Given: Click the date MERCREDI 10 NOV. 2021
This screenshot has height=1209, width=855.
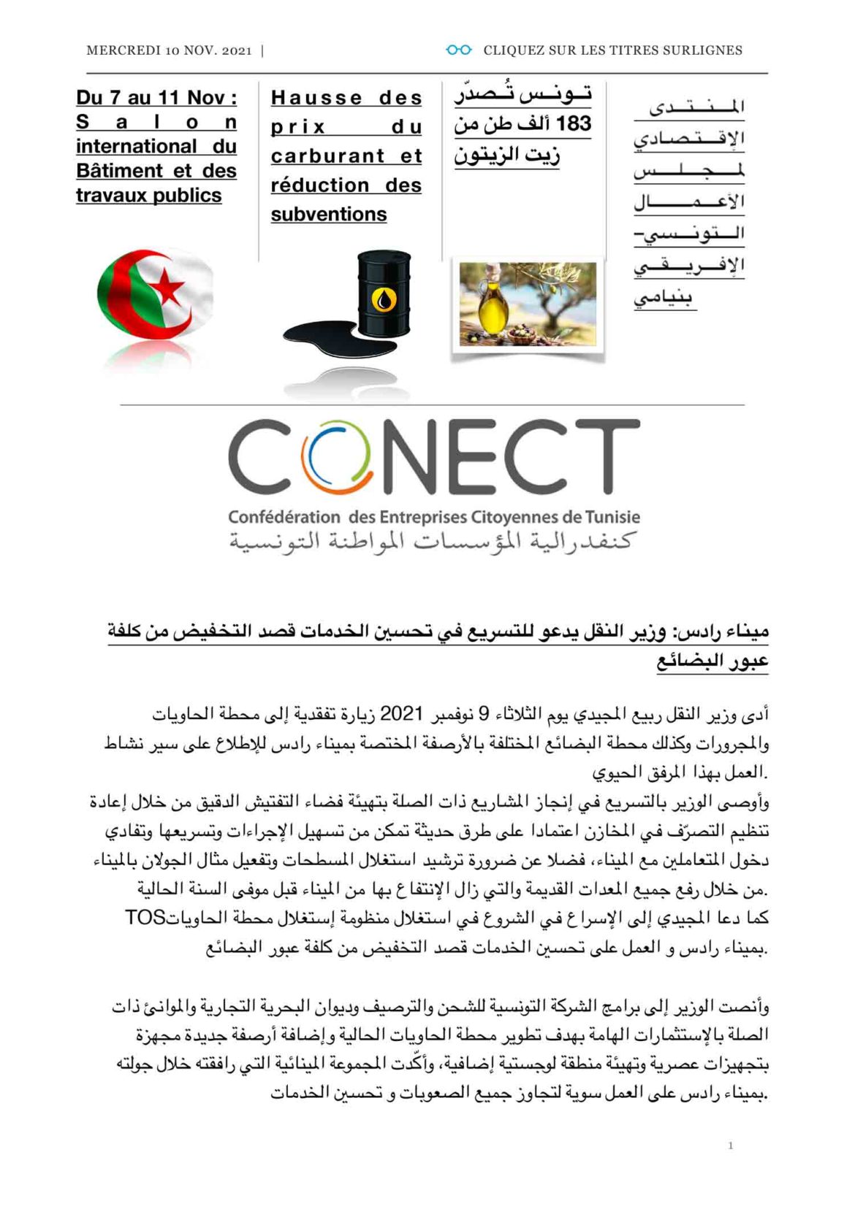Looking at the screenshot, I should tap(169, 50).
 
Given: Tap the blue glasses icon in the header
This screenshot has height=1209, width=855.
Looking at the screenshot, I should tap(458, 50).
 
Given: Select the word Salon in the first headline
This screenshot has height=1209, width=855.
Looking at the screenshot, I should tap(156, 122).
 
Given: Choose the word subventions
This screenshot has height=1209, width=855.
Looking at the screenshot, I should tap(329, 214).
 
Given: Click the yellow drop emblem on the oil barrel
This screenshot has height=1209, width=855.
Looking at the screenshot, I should tap(384, 299).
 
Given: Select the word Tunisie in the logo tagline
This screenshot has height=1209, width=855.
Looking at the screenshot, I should tap(612, 517).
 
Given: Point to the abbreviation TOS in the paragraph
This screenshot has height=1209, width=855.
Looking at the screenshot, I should tap(145, 918).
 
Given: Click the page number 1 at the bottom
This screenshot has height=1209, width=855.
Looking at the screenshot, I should tap(730, 1145).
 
